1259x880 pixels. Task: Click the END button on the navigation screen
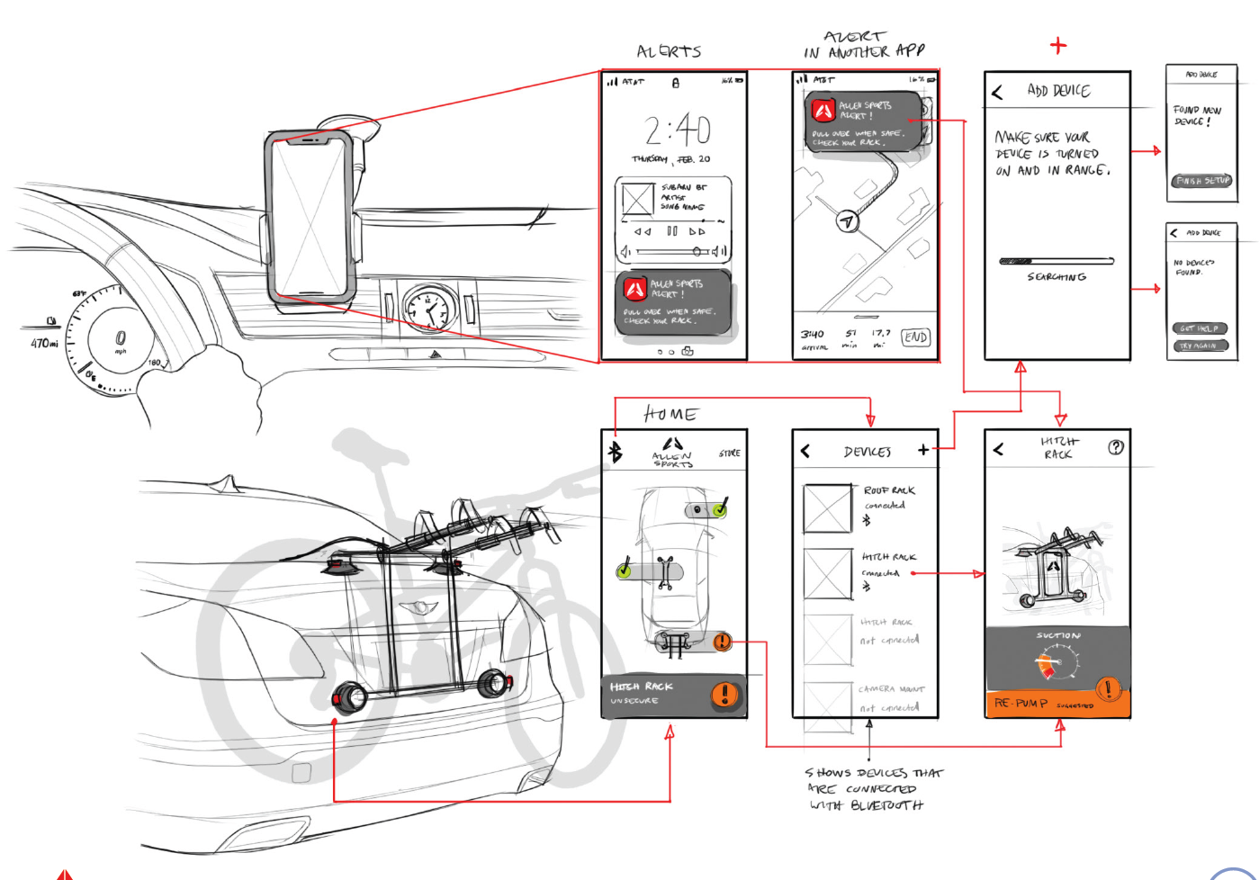915,337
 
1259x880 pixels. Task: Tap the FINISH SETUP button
1202,181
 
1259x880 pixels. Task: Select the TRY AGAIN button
1199,346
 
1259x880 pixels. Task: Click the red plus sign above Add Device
1058,45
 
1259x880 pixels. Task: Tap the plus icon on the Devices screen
923,450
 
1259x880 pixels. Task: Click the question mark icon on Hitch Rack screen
1116,447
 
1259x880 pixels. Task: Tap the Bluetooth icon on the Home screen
616,451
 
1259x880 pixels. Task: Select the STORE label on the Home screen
730,453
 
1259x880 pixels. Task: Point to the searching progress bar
1057,262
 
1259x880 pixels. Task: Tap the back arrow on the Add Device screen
997,92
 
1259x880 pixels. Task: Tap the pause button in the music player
671,231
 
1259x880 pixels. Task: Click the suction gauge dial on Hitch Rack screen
1057,665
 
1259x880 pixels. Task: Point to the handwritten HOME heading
670,414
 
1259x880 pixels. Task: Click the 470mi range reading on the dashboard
44,343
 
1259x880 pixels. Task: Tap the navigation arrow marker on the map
846,220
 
